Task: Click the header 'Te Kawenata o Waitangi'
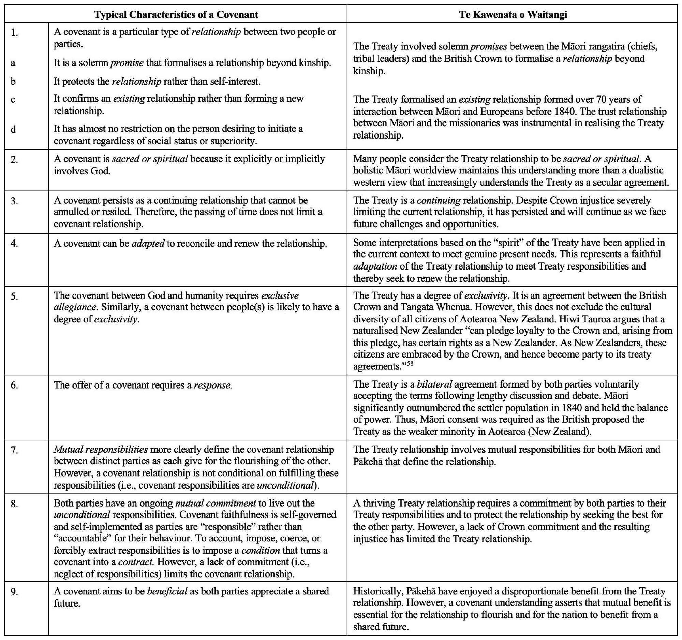coord(513,14)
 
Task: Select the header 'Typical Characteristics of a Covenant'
coord(176,14)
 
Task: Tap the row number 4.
coord(14,243)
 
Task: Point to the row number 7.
coord(14,450)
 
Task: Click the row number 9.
coord(14,592)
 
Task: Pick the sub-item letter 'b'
coord(13,82)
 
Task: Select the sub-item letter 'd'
coord(13,129)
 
